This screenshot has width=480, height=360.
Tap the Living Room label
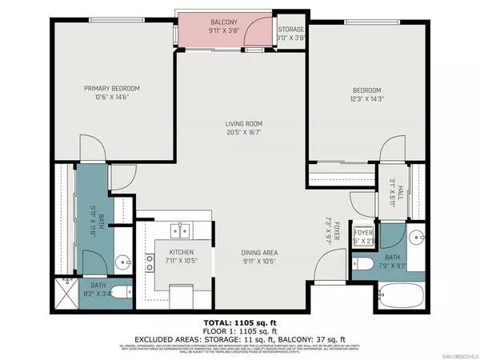point(243,128)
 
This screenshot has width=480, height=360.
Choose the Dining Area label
point(259,258)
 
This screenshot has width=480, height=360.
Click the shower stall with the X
point(66,292)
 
